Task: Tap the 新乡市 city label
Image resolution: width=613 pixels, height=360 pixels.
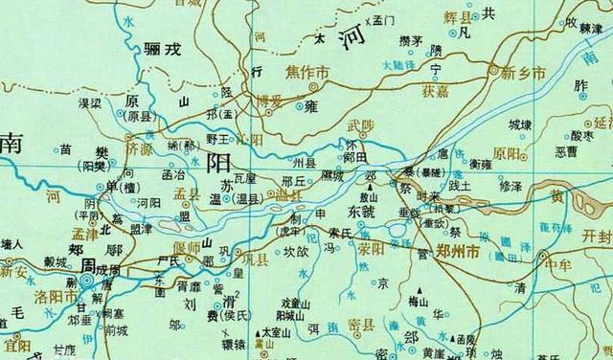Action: (524, 73)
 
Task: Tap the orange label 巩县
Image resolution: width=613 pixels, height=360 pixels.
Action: (261, 259)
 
